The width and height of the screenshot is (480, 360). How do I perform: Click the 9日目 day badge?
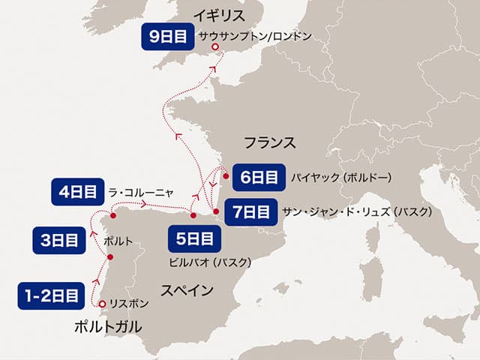[x=166, y=35]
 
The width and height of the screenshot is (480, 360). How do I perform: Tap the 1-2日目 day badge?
[x=49, y=295]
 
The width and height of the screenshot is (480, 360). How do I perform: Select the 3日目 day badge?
[x=58, y=241]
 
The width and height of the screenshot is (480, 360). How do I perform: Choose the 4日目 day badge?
[x=77, y=191]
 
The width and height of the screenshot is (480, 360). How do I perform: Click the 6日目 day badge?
[x=256, y=178]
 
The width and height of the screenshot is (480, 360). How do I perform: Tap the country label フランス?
[x=270, y=142]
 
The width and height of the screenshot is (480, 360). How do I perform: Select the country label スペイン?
[x=188, y=290]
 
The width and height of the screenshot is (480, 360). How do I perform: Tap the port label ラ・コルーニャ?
[x=142, y=191]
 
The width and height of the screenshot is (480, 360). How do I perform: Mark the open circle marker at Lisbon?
[x=103, y=304]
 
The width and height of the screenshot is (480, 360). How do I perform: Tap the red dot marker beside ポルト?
[x=111, y=257]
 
